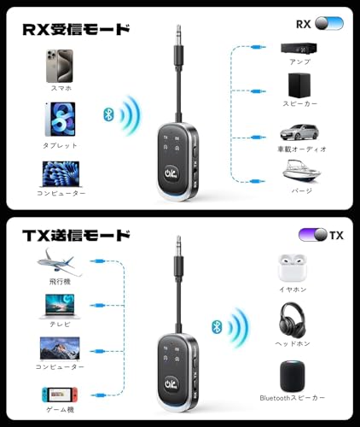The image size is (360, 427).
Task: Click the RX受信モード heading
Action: pos(77,29)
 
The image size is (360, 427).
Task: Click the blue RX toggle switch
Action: pos(328,24)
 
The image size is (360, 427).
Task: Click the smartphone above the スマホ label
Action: pos(61,67)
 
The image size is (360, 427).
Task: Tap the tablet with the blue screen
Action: pos(60,121)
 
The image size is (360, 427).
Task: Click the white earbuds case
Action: pos(293,267)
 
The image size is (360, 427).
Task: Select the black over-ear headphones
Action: pos(293,319)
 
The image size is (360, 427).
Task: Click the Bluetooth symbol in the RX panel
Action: pos(107,114)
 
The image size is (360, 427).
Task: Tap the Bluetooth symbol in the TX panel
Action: pos(218,325)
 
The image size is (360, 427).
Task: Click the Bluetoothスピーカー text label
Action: pos(293,398)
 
